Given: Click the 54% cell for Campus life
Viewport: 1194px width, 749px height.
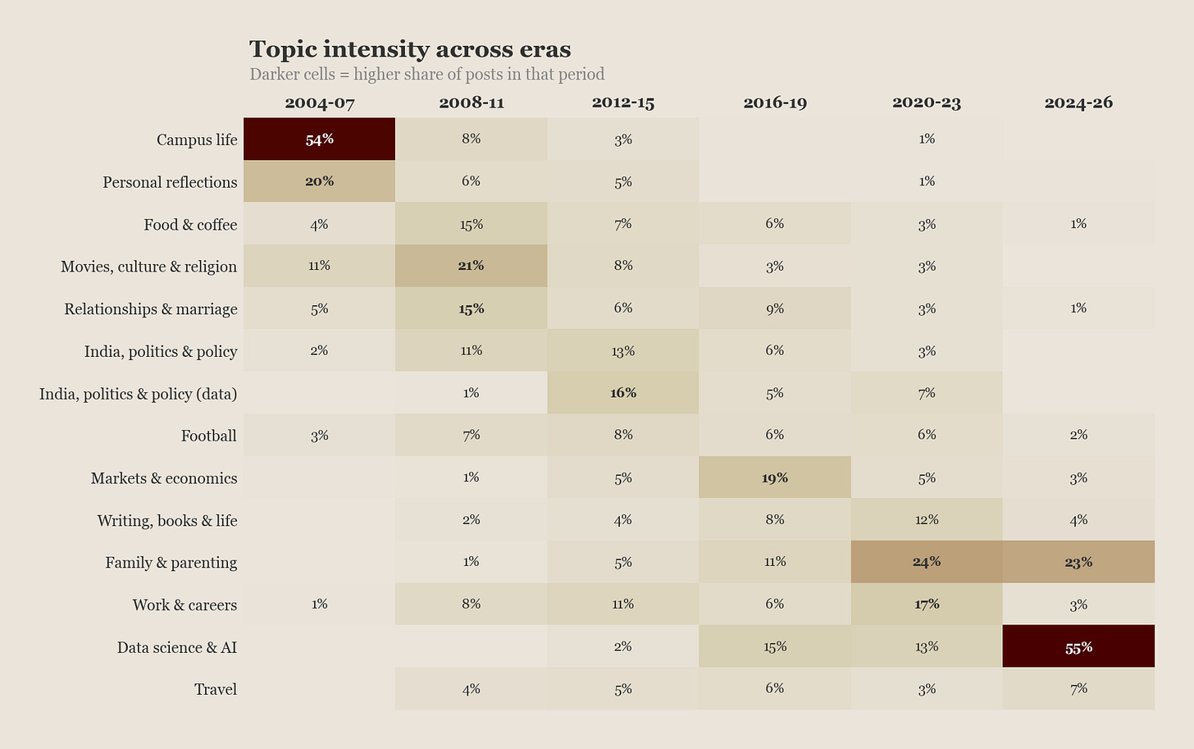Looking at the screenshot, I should [319, 139].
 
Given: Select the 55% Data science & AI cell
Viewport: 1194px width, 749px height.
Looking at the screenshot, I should [1078, 647].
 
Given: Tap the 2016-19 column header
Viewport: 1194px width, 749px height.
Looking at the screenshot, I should [775, 103].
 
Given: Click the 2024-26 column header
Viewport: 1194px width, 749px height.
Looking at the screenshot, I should [1078, 103].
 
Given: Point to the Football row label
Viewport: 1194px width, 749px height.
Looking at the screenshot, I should [208, 436].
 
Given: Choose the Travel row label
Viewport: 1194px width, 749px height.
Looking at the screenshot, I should [216, 689].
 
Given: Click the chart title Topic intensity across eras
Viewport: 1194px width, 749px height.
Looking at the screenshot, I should [410, 49].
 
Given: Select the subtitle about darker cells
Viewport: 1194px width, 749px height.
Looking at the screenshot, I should [426, 75].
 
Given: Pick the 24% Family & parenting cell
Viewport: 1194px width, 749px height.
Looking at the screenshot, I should [927, 562].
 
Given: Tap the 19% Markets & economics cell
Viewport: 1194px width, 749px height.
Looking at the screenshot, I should [775, 477].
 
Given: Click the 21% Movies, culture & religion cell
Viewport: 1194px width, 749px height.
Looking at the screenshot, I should [471, 266].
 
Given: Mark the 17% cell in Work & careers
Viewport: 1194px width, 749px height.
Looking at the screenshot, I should [927, 605].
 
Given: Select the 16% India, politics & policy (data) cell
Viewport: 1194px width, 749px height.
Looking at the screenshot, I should [623, 393].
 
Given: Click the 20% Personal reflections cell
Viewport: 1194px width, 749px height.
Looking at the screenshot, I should [319, 181].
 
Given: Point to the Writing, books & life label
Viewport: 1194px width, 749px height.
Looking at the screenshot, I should [167, 520].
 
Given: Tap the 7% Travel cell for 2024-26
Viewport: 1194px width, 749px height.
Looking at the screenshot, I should [1078, 689].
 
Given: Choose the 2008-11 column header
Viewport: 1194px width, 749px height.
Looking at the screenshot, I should [471, 103].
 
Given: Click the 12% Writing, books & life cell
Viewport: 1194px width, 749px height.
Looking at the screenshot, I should [927, 520].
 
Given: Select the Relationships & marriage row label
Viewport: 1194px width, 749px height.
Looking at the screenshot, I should [151, 308].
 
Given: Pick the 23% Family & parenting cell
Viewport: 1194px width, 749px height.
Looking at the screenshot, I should [1078, 562].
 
